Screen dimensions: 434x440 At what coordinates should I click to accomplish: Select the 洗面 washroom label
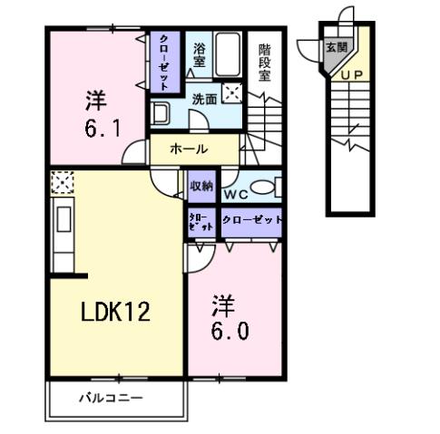204,98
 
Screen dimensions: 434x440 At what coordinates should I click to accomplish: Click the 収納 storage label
200,186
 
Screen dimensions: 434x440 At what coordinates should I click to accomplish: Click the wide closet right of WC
249,220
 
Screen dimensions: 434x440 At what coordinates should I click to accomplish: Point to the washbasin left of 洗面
162,115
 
